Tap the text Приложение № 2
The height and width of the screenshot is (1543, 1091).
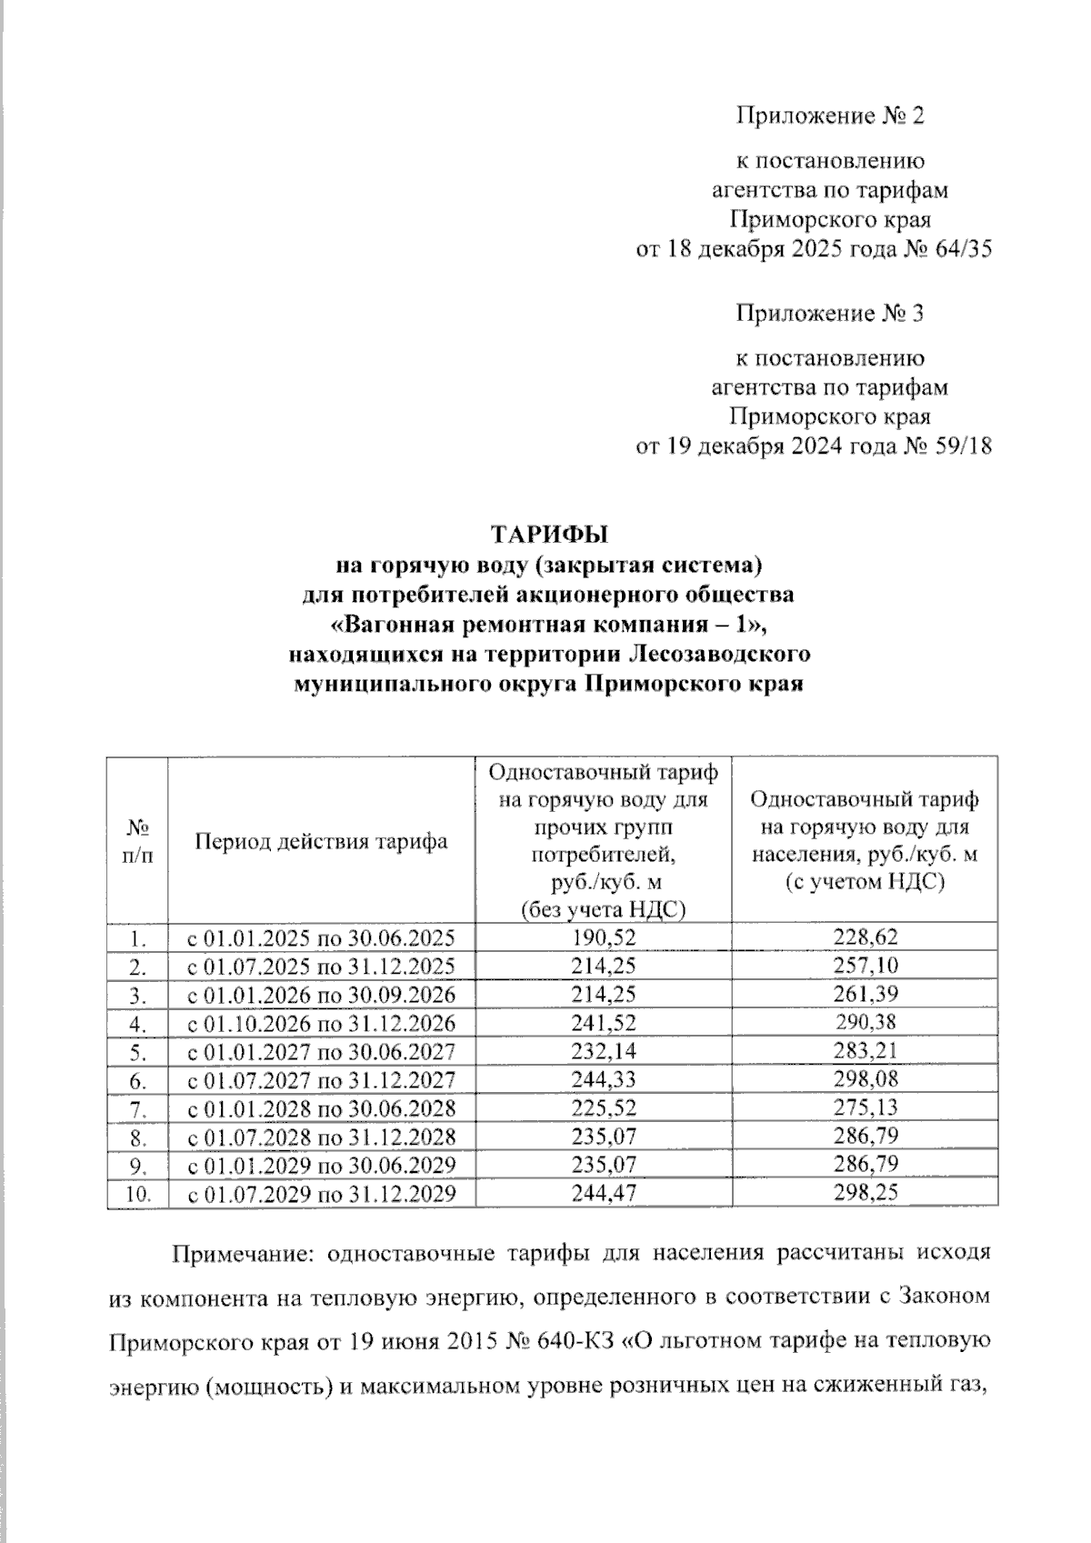tap(829, 116)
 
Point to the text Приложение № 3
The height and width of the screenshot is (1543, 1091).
tap(829, 314)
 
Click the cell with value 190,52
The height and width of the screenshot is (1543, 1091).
tap(603, 937)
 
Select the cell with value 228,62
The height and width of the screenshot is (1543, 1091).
tap(866, 937)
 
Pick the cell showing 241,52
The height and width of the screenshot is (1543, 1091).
tap(603, 1023)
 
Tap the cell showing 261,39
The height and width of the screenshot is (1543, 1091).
tap(866, 994)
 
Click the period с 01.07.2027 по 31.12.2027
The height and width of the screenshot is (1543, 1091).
tap(321, 1079)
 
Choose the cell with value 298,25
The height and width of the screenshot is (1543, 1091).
tap(866, 1193)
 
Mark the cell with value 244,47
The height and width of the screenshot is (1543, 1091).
tap(603, 1193)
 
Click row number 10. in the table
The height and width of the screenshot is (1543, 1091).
tap(137, 1193)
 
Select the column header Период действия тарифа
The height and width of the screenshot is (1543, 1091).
tap(321, 841)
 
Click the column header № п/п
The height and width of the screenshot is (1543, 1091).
tap(137, 841)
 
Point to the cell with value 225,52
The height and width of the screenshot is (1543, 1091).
tap(603, 1107)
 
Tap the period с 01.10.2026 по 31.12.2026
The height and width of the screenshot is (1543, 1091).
tap(321, 1023)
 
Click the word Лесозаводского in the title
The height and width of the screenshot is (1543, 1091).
tap(706, 654)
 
